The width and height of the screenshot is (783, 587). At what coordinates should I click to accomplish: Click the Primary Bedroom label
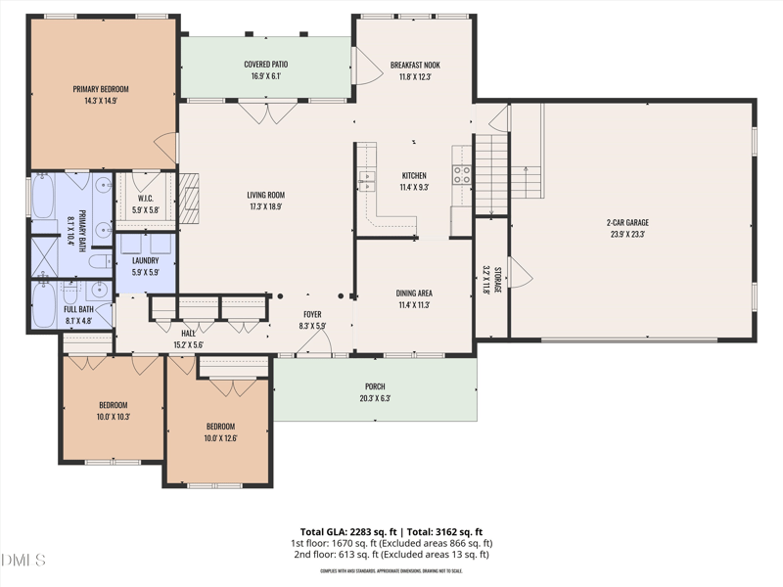(100, 89)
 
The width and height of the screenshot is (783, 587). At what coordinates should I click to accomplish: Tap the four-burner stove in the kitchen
(462, 175)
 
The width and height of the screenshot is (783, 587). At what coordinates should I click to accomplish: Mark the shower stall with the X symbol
(45, 256)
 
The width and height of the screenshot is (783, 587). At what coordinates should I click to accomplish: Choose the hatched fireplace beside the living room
(189, 199)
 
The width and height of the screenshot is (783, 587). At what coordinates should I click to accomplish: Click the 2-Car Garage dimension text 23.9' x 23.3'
(627, 235)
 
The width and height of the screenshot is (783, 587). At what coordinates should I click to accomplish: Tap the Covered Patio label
(265, 65)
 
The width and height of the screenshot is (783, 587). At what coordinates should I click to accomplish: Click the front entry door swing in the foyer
(315, 342)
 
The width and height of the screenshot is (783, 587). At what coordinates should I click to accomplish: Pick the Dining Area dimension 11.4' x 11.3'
(414, 304)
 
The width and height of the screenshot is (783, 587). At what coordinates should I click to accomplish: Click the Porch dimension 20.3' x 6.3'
(375, 398)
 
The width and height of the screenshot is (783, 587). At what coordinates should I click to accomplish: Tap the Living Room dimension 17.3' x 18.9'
(265, 206)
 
